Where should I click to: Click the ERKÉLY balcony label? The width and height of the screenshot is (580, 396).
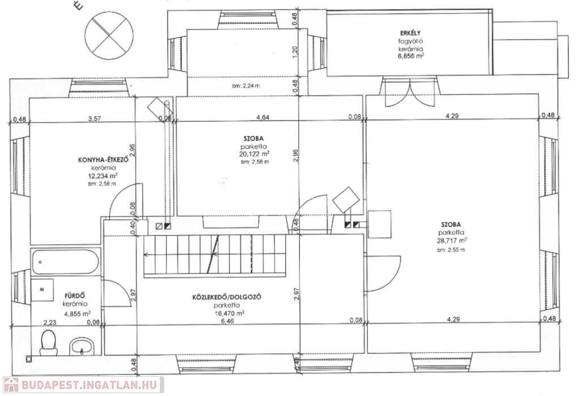coord(410,33)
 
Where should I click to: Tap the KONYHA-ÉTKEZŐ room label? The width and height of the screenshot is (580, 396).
coord(103,160)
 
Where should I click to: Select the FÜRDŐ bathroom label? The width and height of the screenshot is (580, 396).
coord(75,296)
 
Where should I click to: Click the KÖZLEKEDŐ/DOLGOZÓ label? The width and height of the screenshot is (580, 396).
coord(227,297)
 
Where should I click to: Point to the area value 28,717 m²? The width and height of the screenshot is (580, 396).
coord(451,241)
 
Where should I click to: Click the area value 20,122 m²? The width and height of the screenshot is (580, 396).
coord(254,154)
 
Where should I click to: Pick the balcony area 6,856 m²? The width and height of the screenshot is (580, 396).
coord(411,57)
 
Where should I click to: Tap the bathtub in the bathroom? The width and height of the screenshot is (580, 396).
coord(65,261)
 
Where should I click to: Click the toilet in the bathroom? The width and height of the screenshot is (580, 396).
coord(49,342)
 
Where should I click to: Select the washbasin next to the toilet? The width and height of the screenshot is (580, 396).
coord(82,346)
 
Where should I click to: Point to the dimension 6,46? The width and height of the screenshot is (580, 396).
coord(228,321)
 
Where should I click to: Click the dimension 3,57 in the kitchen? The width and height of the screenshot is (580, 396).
coord(95,119)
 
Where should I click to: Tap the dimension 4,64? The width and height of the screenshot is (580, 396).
coord(263,118)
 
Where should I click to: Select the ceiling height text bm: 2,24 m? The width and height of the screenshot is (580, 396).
coord(246,86)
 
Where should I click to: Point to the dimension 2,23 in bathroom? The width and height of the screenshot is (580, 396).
coord(50,322)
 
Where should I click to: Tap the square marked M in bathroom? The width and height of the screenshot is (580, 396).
coord(42,291)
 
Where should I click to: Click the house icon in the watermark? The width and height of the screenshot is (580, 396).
coord(11,385)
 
